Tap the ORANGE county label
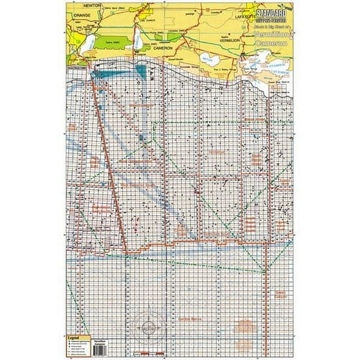(x=82, y=13)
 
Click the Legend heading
(x=76, y=337)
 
